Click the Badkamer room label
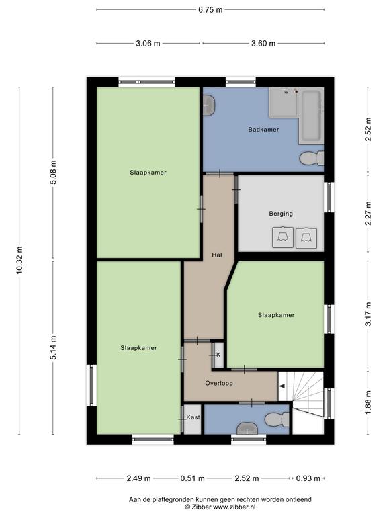click(263, 129)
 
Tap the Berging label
click(281, 214)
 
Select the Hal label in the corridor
click(217, 255)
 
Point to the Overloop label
click(219, 383)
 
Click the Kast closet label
click(193, 417)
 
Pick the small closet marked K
click(218, 355)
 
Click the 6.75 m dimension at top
click(210, 10)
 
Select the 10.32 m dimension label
click(19, 260)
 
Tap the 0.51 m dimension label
click(192, 478)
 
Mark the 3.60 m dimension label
click(263, 43)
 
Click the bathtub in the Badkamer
click(311, 116)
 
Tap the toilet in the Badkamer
click(312, 159)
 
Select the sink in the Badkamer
click(209, 105)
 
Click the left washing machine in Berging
click(283, 237)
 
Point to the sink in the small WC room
click(247, 428)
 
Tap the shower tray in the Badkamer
click(284, 103)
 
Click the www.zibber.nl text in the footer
click(234, 507)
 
